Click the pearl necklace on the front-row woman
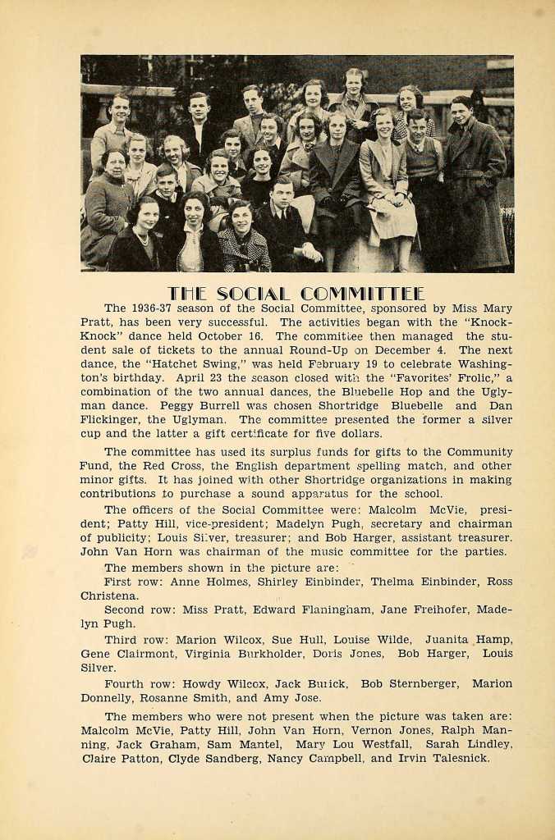click(x=143, y=240)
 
